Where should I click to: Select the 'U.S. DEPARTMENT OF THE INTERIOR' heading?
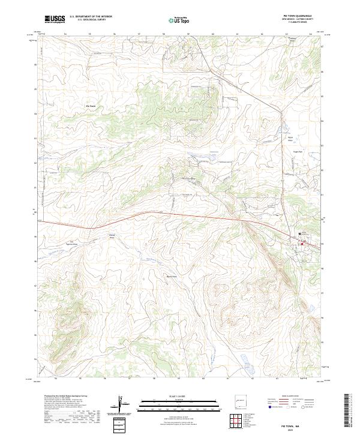[x=91, y=16]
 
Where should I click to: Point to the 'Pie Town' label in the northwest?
[x=91, y=107]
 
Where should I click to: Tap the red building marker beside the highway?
[x=304, y=243]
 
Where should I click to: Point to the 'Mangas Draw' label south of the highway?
[x=111, y=236]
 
